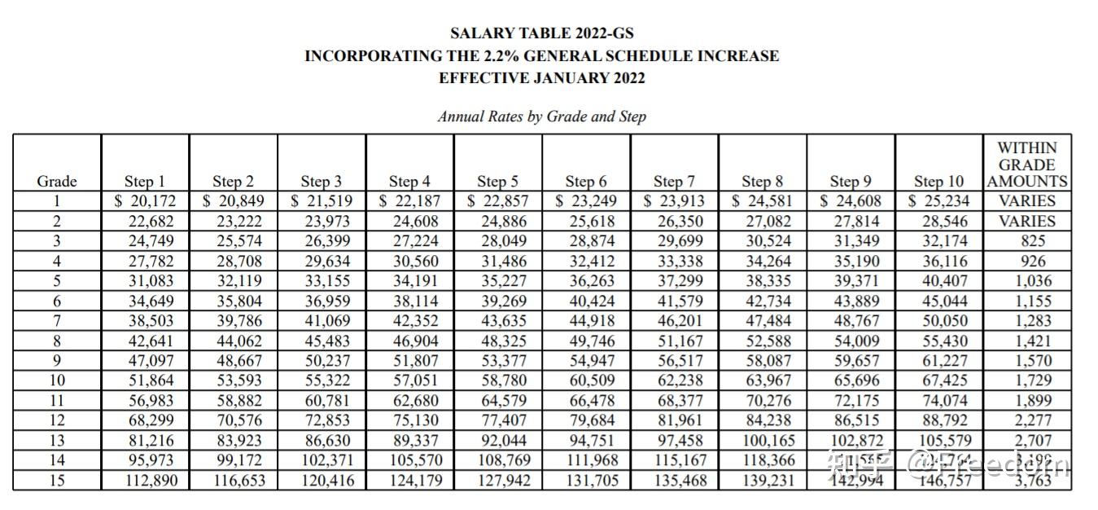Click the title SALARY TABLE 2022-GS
point(541,33)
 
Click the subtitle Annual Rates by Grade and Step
point(541,117)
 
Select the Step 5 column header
point(497,181)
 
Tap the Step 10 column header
point(938,181)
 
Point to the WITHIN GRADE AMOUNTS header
point(1026,165)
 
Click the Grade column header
point(57,181)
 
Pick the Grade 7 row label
point(57,320)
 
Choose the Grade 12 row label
point(57,420)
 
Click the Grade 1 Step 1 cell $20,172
point(144,200)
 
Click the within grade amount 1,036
point(1027,280)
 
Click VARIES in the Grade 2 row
point(1027,221)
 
